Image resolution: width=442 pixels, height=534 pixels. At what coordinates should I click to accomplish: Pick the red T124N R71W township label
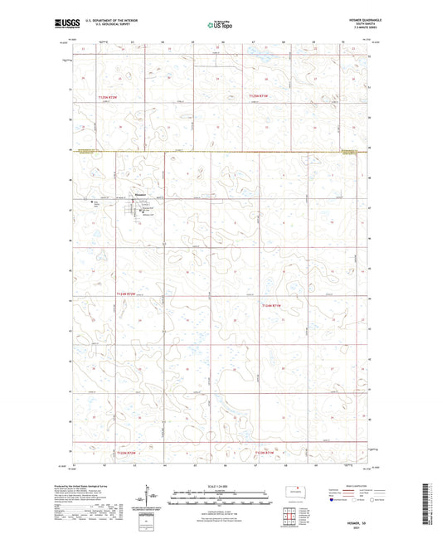click(274, 306)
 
